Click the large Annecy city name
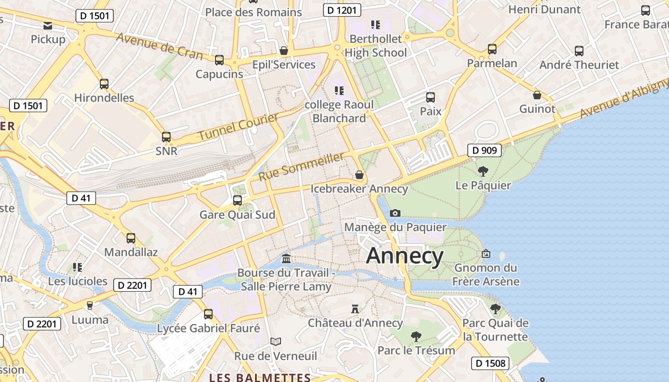pyautogui.click(x=405, y=256)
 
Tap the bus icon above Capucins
pyautogui.click(x=219, y=60)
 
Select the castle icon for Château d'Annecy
pyautogui.click(x=355, y=309)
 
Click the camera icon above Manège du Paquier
pyautogui.click(x=395, y=213)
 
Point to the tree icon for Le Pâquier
pyautogui.click(x=483, y=171)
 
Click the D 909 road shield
pyautogui.click(x=484, y=150)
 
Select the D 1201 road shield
pyautogui.click(x=342, y=10)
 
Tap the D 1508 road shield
pyautogui.click(x=491, y=363)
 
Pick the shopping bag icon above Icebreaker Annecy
pyautogui.click(x=359, y=175)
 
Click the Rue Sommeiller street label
pyautogui.click(x=302, y=167)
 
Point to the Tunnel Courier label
pyautogui.click(x=238, y=127)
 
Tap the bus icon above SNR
pyautogui.click(x=166, y=137)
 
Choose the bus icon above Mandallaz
pyautogui.click(x=131, y=238)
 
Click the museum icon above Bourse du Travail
pyautogui.click(x=286, y=259)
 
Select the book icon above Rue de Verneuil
pyautogui.click(x=276, y=341)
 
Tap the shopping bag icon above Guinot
pyautogui.click(x=537, y=95)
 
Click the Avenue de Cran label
pyautogui.click(x=160, y=46)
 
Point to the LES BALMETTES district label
pyautogui.click(x=260, y=378)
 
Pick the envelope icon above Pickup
pyautogui.click(x=48, y=25)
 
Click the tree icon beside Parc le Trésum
pyautogui.click(x=416, y=337)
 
